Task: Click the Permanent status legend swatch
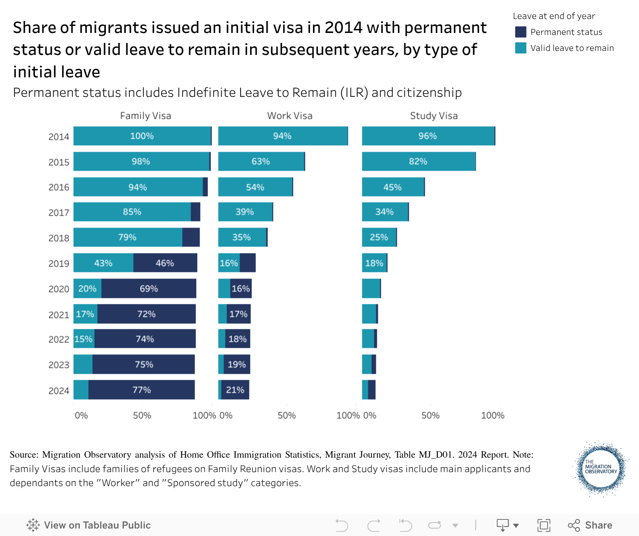(521, 32)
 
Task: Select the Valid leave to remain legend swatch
(521, 48)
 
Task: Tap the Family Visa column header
(145, 116)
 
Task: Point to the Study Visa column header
(434, 116)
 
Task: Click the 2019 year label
(59, 264)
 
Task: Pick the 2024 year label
(59, 391)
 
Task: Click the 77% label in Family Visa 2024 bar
(142, 390)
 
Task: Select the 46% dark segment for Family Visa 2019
(165, 263)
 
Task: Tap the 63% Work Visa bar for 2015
(261, 162)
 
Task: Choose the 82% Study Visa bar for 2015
(418, 162)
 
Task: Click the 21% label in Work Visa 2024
(235, 390)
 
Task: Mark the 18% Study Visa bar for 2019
(374, 263)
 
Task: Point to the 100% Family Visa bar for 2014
(142, 136)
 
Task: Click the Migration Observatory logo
(601, 468)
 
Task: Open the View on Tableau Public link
(89, 525)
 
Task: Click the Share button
(590, 525)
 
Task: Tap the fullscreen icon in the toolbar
(544, 525)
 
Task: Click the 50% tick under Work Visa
(287, 415)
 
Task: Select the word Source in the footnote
(23, 455)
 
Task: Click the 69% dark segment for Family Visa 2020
(149, 288)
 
